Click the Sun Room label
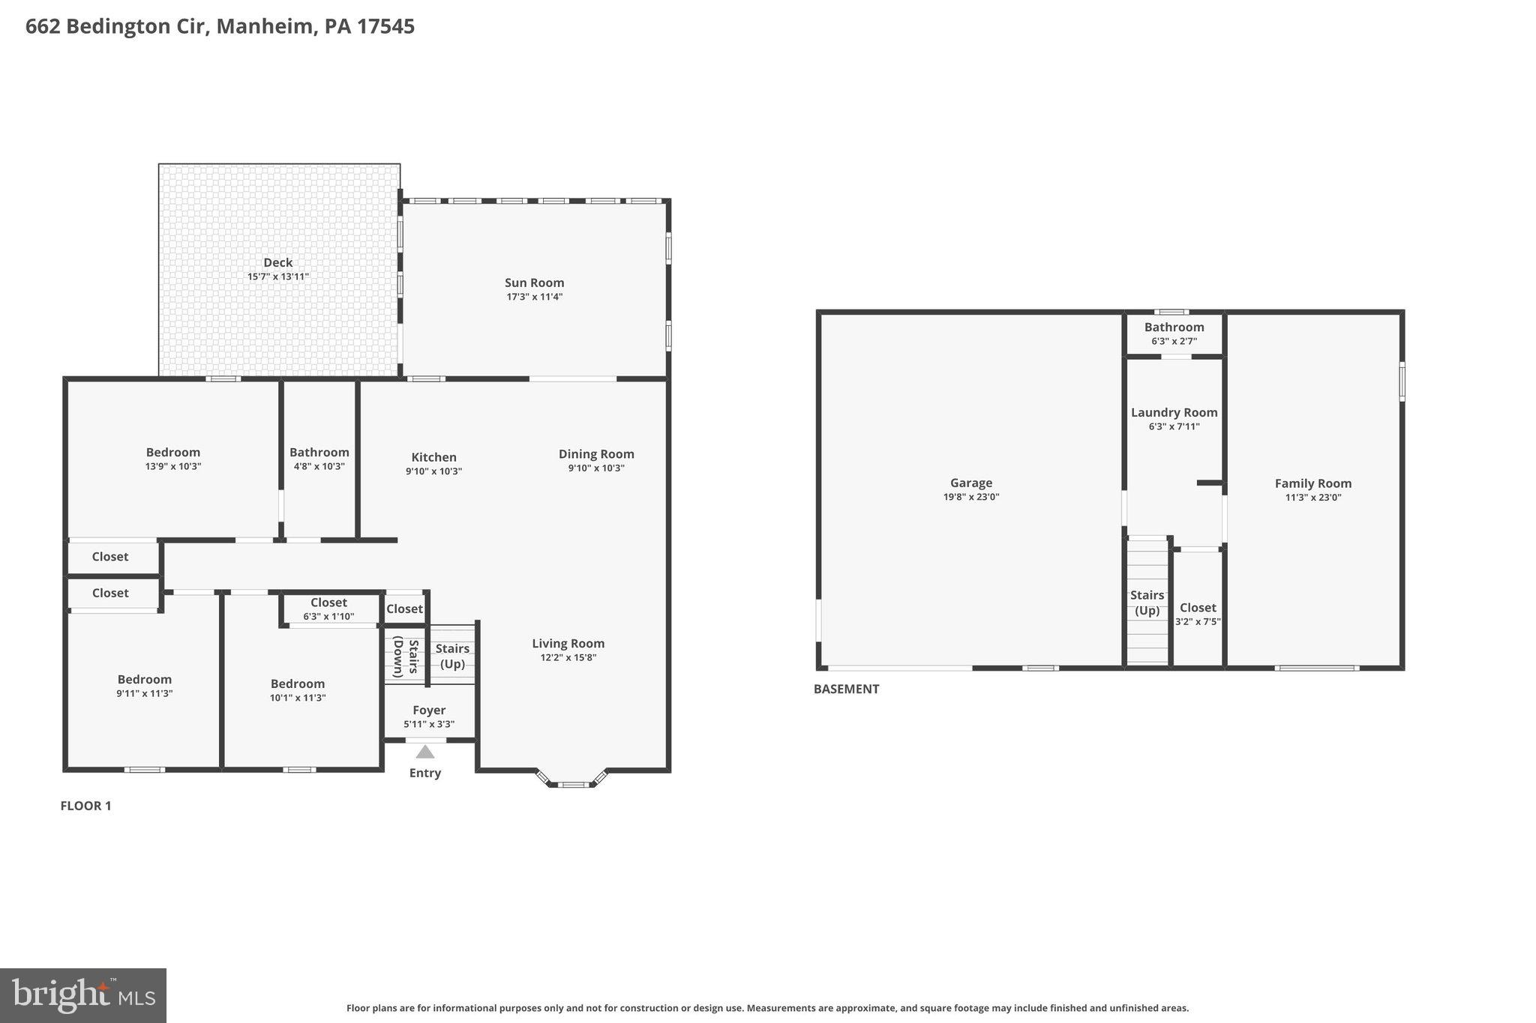(534, 283)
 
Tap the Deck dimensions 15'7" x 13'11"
(277, 277)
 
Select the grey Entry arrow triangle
(425, 752)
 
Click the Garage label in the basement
(970, 483)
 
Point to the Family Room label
(1312, 483)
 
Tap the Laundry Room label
(1174, 413)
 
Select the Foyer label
(429, 710)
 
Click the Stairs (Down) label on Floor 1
(405, 657)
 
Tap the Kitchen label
(433, 457)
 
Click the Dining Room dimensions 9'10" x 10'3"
(596, 468)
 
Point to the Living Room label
(568, 643)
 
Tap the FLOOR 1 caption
(85, 806)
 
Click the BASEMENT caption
(846, 689)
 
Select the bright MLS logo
(83, 995)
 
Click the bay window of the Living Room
(574, 784)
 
